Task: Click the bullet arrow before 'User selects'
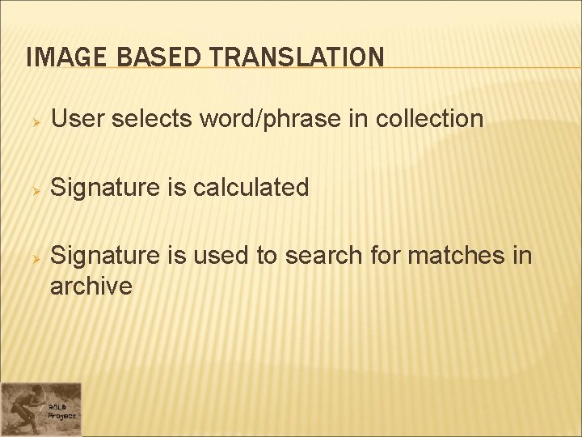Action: tap(35, 120)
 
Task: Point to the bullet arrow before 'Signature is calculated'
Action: tap(35, 189)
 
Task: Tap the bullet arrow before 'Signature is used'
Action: tap(35, 257)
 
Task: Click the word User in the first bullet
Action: tap(78, 119)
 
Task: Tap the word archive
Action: tap(91, 286)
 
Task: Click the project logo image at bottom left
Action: tap(40, 409)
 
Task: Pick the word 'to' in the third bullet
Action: tap(268, 257)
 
